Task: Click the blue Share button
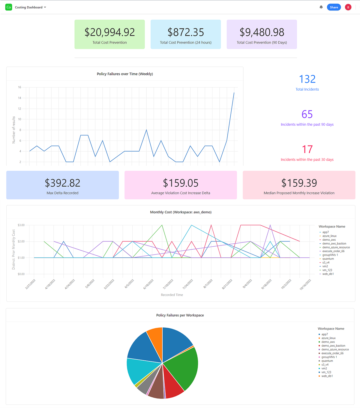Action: tap(334, 7)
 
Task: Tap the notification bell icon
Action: tap(321, 7)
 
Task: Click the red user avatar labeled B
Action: tap(348, 7)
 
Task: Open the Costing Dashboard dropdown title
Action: tap(30, 7)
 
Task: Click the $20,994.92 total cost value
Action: tap(109, 32)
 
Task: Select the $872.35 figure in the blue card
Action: tap(186, 32)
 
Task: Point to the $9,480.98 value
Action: tap(262, 32)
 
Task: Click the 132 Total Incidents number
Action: tap(307, 79)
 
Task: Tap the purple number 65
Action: tap(307, 114)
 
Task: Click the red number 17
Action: tap(307, 149)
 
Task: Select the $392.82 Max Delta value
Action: tap(62, 183)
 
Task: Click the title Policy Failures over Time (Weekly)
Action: tap(125, 74)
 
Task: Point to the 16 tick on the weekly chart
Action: tap(19, 87)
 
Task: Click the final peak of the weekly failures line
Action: tap(234, 93)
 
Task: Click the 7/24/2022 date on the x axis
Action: tap(188, 284)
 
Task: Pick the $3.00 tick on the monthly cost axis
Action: tap(21, 225)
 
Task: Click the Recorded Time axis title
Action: tap(172, 295)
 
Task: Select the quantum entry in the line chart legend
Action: tap(328, 259)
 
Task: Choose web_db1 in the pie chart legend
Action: tap(327, 376)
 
